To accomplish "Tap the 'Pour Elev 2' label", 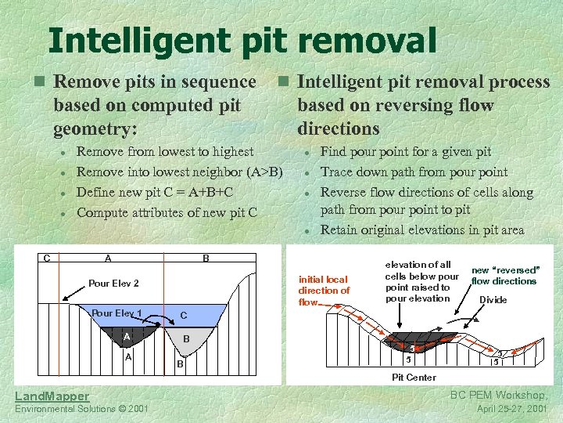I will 114,284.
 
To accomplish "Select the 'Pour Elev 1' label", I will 117,313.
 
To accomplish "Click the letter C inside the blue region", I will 183,315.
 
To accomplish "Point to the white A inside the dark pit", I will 126,337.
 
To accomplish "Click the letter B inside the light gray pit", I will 186,339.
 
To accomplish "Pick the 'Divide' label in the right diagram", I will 493,300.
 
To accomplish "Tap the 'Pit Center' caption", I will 414,378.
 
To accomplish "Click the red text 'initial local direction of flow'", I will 324,291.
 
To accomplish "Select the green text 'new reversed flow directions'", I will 504,276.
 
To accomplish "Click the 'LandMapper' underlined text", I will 52,396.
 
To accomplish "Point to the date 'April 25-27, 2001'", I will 513,409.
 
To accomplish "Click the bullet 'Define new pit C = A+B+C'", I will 155,192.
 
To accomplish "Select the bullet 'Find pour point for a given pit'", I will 405,152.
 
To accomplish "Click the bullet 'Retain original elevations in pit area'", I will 422,230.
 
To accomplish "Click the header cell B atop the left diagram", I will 205,258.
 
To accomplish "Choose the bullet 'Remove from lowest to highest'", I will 165,152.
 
